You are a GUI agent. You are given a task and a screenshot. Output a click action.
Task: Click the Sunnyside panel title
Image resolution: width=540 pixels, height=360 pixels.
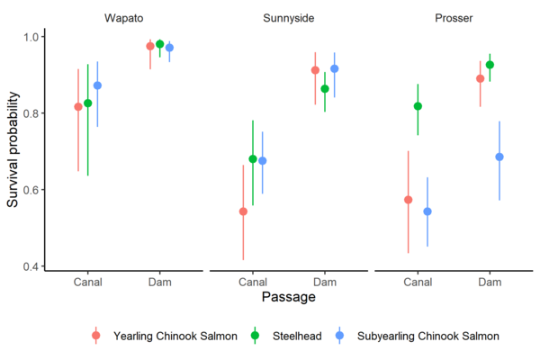click(289, 18)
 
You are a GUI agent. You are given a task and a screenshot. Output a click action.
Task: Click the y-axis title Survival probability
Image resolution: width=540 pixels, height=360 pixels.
click(13, 151)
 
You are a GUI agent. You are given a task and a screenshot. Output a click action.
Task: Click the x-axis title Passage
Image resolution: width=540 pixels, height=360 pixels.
click(288, 296)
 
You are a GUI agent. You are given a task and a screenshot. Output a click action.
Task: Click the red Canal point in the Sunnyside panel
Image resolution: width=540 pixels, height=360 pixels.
click(243, 211)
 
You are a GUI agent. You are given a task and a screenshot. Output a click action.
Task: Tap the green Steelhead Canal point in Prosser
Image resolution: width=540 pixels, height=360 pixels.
click(418, 106)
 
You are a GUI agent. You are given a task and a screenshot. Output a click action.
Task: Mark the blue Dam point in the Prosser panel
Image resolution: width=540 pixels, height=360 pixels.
click(499, 157)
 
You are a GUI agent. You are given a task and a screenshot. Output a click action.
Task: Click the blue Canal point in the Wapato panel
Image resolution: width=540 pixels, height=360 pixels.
click(98, 85)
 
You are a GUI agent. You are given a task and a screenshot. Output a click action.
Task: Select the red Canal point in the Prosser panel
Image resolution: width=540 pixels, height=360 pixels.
click(408, 200)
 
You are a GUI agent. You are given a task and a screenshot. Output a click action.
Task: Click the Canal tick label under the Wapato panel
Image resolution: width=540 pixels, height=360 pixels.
click(88, 281)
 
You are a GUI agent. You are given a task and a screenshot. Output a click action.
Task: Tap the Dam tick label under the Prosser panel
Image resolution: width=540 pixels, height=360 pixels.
click(490, 281)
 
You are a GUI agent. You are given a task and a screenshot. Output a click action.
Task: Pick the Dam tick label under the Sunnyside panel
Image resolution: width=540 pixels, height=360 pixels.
click(325, 281)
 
